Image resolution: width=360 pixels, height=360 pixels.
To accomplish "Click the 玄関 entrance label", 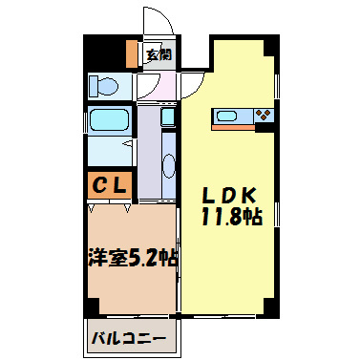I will click(x=158, y=54).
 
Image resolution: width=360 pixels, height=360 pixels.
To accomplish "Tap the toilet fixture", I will click(x=104, y=86).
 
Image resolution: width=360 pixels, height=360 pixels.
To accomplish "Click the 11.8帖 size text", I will click(x=232, y=217).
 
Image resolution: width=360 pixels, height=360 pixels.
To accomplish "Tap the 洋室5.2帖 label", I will click(x=132, y=258).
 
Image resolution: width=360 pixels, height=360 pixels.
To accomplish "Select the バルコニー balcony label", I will click(x=129, y=338).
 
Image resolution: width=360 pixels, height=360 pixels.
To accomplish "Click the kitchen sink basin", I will click(x=228, y=116).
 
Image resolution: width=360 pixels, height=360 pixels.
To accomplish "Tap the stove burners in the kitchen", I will click(x=265, y=116).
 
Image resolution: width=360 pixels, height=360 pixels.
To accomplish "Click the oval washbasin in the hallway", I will click(x=168, y=163).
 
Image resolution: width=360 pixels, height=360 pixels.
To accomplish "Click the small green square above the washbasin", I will click(x=167, y=117).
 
